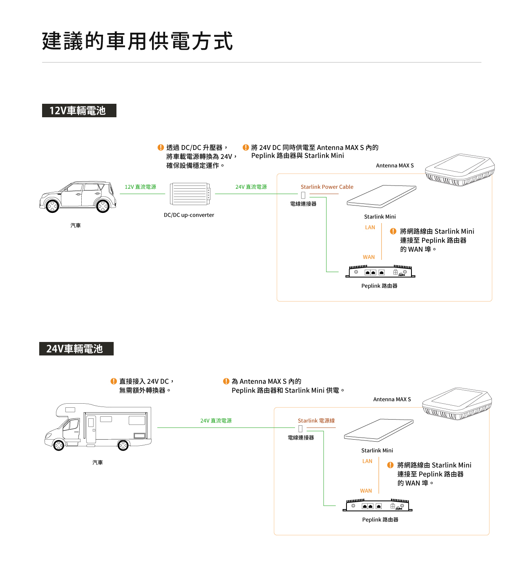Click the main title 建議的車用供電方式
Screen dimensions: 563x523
point(137,41)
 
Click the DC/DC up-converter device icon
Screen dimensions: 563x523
point(190,194)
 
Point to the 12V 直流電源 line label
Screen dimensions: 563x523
point(140,187)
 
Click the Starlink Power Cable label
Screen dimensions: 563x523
point(327,187)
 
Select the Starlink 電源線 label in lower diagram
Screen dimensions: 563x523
point(316,420)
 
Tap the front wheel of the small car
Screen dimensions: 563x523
point(52,206)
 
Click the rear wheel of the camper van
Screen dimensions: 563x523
point(123,445)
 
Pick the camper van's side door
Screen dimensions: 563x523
point(91,429)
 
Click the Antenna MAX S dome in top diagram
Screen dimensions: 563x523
point(460,169)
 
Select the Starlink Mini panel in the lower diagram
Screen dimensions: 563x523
point(378,429)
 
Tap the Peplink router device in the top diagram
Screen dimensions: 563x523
point(380,272)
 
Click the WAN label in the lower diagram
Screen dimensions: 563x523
point(366,491)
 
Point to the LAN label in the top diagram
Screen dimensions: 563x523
point(370,228)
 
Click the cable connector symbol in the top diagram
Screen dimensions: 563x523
point(303,195)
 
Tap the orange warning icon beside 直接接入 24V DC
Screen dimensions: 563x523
point(114,381)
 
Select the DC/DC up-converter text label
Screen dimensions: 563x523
point(189,215)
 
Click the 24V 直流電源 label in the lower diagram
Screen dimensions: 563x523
point(216,420)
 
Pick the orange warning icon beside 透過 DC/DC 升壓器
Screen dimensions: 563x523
point(161,147)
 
